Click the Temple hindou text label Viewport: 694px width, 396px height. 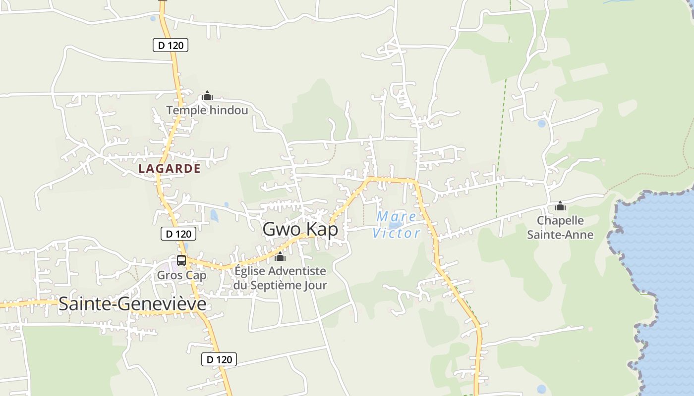[x=207, y=110]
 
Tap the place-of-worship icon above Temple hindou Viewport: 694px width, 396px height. [x=207, y=96]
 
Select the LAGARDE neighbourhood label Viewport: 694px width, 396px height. [x=170, y=169]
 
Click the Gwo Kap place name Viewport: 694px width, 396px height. [x=300, y=229]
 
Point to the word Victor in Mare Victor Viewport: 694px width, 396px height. [x=396, y=233]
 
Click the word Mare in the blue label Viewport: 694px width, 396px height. [x=396, y=216]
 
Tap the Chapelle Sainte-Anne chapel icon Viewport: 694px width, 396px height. [x=560, y=206]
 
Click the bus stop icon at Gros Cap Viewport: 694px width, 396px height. [x=181, y=260]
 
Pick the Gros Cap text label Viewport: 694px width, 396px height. [x=181, y=275]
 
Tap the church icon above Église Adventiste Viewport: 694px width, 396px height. [x=280, y=256]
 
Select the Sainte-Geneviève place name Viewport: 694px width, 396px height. [x=132, y=304]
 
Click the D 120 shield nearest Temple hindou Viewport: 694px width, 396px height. [x=170, y=46]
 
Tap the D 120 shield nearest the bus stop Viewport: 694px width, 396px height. [x=178, y=234]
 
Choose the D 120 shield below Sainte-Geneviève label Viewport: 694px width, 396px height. [x=219, y=360]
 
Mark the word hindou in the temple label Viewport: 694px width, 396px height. [x=229, y=110]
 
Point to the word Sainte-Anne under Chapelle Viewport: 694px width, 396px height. [x=560, y=235]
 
